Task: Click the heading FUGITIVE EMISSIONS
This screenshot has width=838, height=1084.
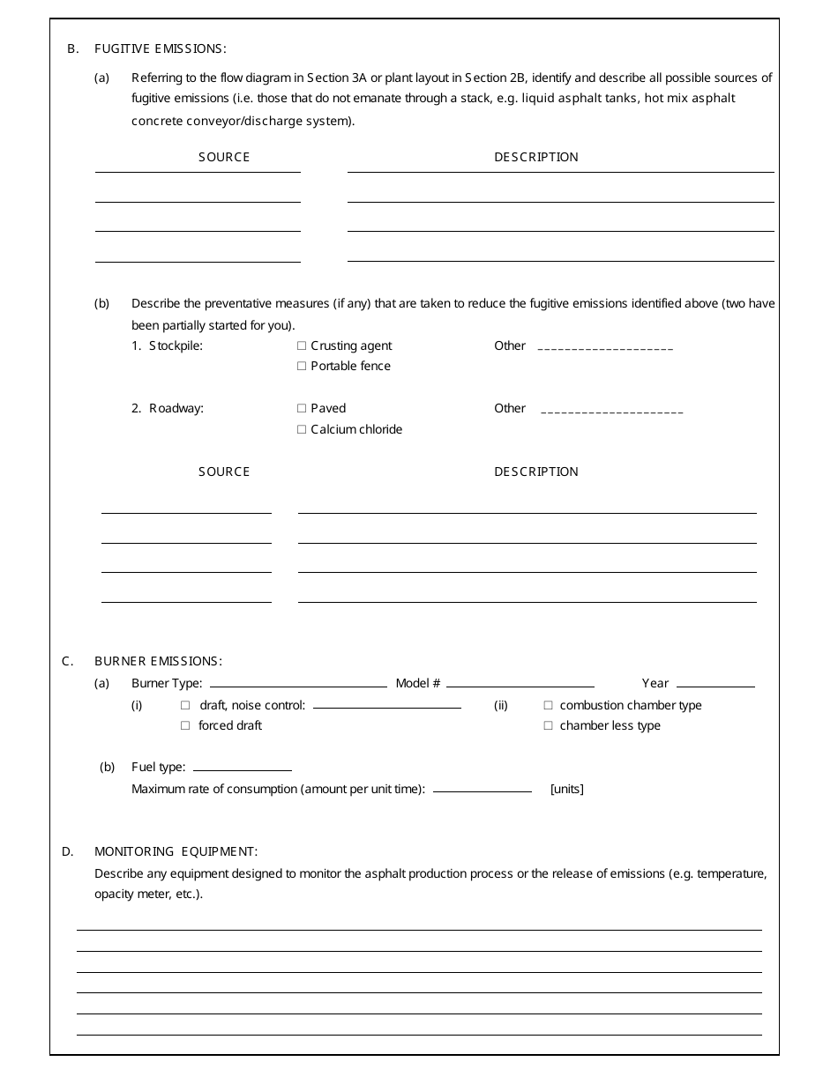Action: click(161, 48)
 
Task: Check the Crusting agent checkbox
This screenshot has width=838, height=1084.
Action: click(302, 346)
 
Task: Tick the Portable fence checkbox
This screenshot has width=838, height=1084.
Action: click(302, 367)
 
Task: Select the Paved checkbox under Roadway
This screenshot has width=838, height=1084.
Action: click(302, 409)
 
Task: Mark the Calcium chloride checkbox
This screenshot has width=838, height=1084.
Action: click(302, 430)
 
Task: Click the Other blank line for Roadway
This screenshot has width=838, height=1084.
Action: click(611, 411)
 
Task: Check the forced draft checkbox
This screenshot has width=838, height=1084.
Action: click(185, 726)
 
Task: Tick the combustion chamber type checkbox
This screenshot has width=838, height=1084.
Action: click(549, 706)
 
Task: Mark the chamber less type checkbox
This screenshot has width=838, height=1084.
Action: click(549, 726)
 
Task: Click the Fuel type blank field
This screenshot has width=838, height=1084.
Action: click(243, 768)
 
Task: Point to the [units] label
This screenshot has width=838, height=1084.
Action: click(567, 790)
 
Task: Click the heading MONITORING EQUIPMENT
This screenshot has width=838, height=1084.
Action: click(176, 851)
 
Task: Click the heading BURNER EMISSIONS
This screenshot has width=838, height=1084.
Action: click(159, 661)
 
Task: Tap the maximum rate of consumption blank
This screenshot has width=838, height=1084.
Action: click(483, 790)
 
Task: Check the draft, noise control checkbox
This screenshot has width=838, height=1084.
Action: click(185, 706)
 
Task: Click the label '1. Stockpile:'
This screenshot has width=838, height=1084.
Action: click(168, 346)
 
